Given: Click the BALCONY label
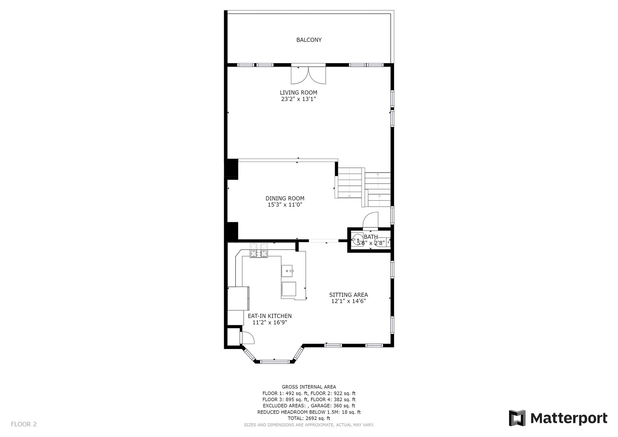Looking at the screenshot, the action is pyautogui.click(x=309, y=40).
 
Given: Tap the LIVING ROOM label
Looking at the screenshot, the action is pyautogui.click(x=298, y=93).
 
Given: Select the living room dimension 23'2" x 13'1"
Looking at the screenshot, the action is pyautogui.click(x=298, y=99).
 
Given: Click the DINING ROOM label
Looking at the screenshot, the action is pyautogui.click(x=285, y=198).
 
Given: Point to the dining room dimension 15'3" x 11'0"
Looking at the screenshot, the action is pyautogui.click(x=285, y=204).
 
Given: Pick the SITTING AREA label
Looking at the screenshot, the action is pyautogui.click(x=349, y=295).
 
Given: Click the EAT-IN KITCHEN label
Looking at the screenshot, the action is pyautogui.click(x=270, y=316).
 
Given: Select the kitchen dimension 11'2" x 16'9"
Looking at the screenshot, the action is pyautogui.click(x=270, y=322).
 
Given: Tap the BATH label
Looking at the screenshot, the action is pyautogui.click(x=371, y=237).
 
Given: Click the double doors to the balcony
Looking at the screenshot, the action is pyautogui.click(x=308, y=75).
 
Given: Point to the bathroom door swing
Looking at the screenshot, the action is pyautogui.click(x=370, y=220).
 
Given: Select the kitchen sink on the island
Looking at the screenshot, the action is pyautogui.click(x=287, y=271).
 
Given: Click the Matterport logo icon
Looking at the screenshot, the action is pyautogui.click(x=517, y=418).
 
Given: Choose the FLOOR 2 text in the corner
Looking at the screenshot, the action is pyautogui.click(x=24, y=424).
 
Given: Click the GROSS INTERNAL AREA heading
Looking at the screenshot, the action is pyautogui.click(x=309, y=387).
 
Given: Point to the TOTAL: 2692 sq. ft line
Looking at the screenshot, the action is pyautogui.click(x=309, y=418).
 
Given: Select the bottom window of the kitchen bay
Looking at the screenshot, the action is pyautogui.click(x=274, y=362).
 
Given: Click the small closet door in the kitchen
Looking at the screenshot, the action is pyautogui.click(x=247, y=338).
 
